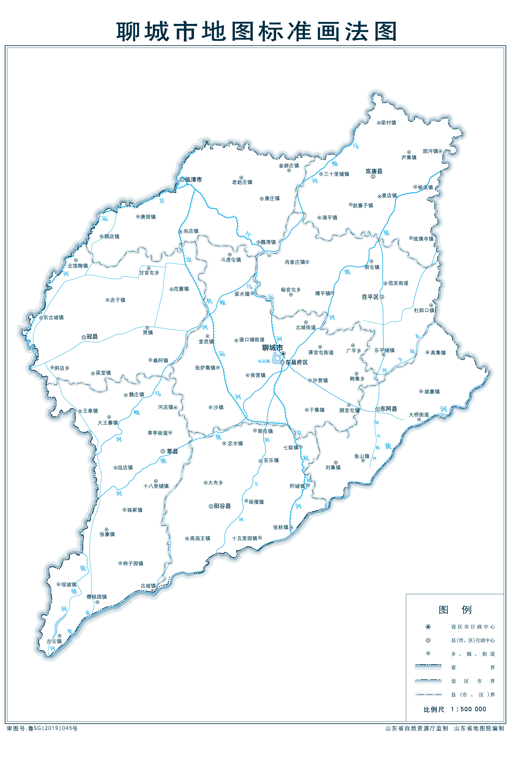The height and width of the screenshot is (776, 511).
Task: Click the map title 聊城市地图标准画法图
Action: (x=256, y=32)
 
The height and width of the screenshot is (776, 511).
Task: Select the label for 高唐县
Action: (x=374, y=171)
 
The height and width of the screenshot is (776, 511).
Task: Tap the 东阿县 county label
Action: (x=388, y=409)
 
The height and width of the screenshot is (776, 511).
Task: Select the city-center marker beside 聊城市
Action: (x=283, y=354)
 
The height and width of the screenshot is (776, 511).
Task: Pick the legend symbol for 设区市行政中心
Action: (x=428, y=627)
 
